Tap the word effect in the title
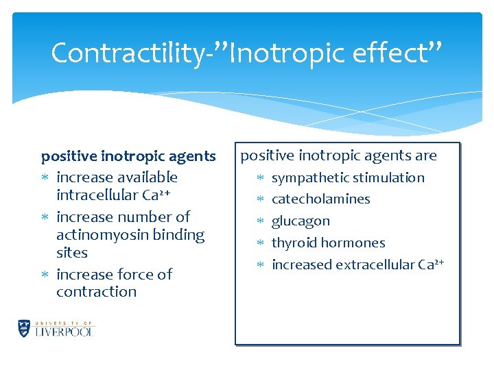tap(395, 53)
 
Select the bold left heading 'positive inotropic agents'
tap(128, 156)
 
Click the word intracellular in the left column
tap(99, 195)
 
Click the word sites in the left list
tap(72, 253)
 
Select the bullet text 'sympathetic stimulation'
tap(348, 178)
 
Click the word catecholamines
tap(320, 199)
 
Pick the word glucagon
tap(301, 221)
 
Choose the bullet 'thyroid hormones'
tap(328, 243)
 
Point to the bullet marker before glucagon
tap(260, 221)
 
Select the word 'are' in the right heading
tap(425, 156)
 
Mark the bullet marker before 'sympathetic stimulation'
tap(260, 178)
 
